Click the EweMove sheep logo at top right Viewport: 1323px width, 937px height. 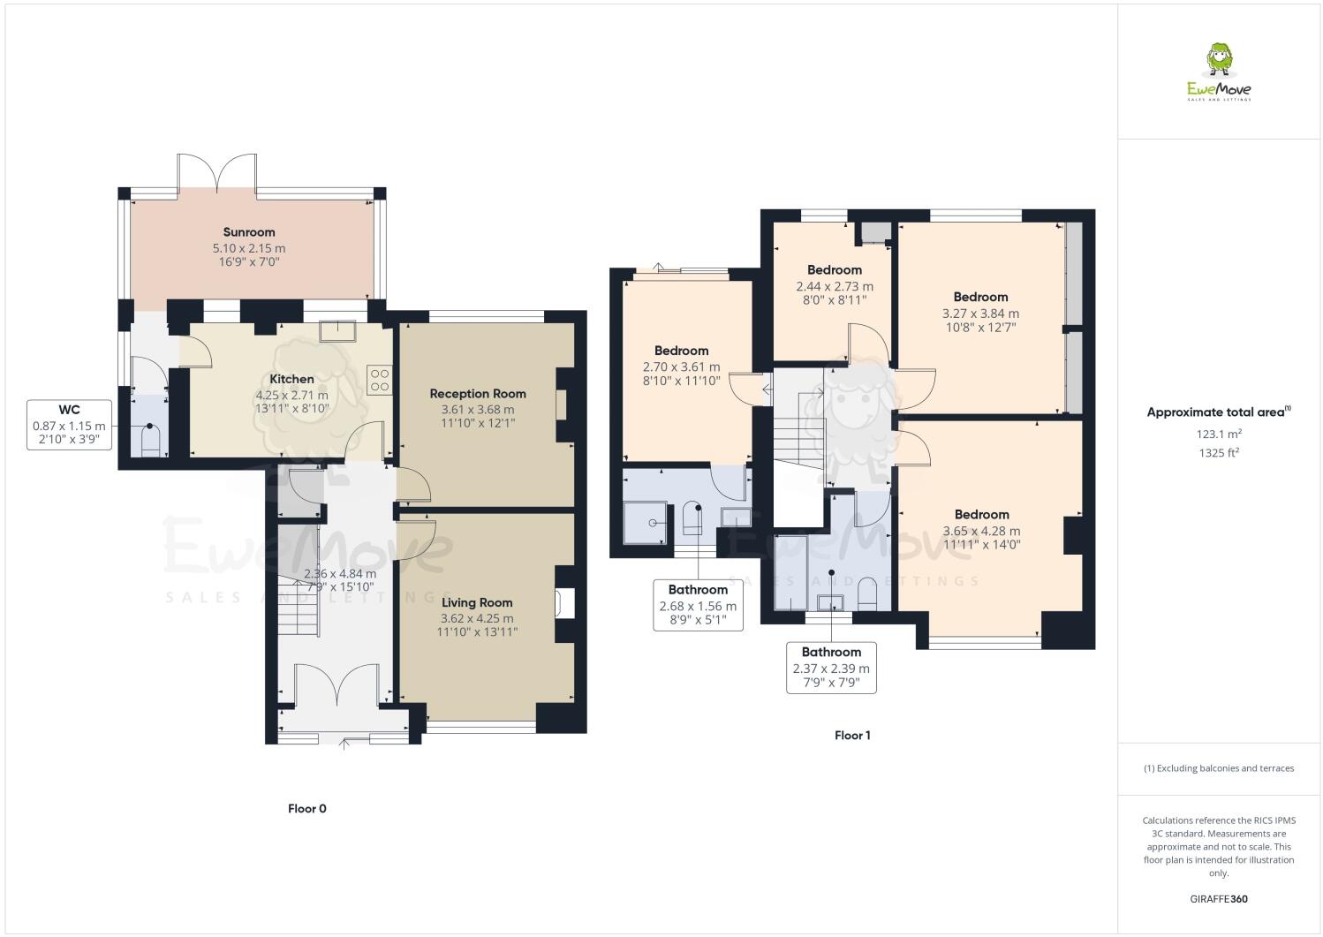(1219, 71)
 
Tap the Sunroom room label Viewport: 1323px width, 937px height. (248, 232)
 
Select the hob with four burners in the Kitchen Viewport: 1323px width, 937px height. (379, 381)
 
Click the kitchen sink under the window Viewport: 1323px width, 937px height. (338, 330)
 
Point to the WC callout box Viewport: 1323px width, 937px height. (69, 424)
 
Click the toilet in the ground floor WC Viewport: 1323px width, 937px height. (149, 440)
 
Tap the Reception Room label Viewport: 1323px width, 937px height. (477, 394)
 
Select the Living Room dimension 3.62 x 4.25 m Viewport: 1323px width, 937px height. (477, 618)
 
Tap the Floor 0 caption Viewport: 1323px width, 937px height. (307, 808)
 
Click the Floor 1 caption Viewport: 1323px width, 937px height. (852, 735)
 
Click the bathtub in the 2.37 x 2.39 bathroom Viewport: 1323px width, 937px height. (790, 572)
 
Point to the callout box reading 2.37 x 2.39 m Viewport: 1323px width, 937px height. (831, 668)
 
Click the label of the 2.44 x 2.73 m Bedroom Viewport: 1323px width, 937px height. (834, 270)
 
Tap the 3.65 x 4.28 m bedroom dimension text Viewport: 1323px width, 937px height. (981, 531)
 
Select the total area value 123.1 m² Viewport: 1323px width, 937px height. (1218, 434)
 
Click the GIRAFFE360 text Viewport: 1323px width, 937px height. (1218, 899)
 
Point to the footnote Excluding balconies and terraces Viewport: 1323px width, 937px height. (1218, 768)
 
